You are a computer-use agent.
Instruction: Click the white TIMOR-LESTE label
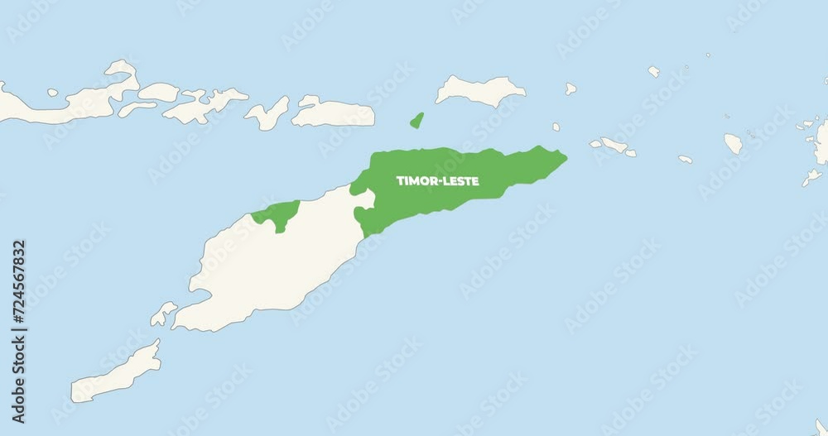pos(437,180)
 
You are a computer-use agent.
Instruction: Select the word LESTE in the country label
pos(460,180)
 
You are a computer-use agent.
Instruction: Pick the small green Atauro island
pos(416,121)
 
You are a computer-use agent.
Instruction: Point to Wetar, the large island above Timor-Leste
pos(480,90)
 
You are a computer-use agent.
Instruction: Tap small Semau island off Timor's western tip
pos(163,313)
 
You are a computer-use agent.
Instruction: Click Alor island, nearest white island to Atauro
pos(331,113)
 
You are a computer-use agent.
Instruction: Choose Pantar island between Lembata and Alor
pos(267,114)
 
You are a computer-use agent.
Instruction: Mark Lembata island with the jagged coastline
pos(203,104)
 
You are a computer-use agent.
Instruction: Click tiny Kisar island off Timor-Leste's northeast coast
pos(556,127)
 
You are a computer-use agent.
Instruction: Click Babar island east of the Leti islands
pos(733,143)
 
